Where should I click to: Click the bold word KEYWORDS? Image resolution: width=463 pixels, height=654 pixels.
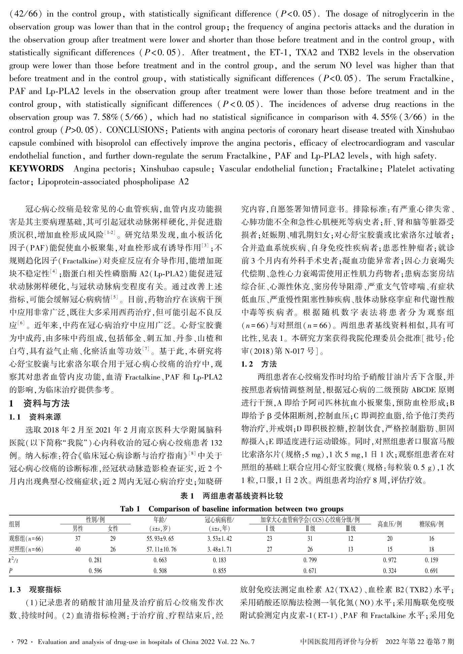click(x=36, y=169)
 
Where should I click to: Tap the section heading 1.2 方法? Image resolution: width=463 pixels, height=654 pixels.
click(x=259, y=364)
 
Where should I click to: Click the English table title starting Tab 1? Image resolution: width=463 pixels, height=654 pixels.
click(x=232, y=509)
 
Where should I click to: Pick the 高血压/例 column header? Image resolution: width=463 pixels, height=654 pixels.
click(x=390, y=524)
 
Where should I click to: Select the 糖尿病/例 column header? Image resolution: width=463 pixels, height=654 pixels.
click(x=431, y=524)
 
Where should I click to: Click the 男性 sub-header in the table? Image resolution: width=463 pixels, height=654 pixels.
click(x=78, y=529)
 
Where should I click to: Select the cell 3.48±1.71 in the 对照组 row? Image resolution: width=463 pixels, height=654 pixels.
click(x=219, y=549)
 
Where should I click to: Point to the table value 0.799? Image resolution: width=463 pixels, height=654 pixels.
click(x=310, y=560)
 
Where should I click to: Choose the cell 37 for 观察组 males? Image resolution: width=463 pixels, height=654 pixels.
click(x=78, y=539)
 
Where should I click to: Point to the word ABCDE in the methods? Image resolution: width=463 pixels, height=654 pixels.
click(x=422, y=390)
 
